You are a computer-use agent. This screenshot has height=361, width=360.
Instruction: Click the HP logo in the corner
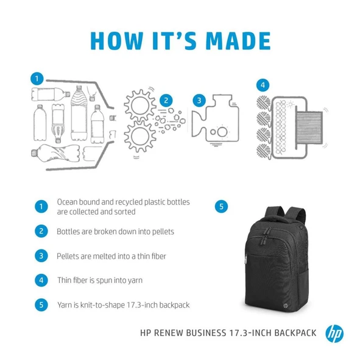pos(334,334)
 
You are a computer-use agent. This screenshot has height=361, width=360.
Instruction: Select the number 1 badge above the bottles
pos(38,79)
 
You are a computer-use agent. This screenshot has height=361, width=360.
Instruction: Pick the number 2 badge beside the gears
pos(165,101)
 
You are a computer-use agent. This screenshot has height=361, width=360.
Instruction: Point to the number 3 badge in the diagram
pos(198,101)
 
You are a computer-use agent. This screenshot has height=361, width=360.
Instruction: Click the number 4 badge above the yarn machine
pos(262,85)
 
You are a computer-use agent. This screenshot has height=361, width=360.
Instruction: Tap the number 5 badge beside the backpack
pos(221,207)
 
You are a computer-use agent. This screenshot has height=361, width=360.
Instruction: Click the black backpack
pos(276,260)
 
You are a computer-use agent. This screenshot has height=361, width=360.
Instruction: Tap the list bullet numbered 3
pos(41,256)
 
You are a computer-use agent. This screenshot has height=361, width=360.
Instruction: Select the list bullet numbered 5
pos(41,305)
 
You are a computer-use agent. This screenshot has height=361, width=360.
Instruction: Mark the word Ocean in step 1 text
pos(68,202)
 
